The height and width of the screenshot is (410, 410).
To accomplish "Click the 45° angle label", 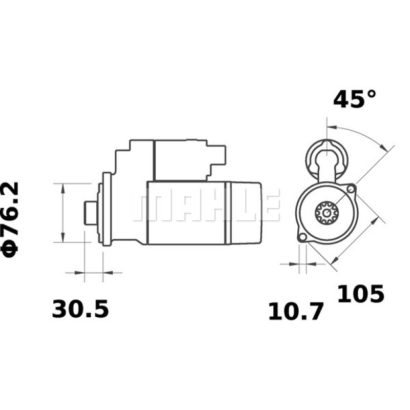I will pyautogui.click(x=355, y=99).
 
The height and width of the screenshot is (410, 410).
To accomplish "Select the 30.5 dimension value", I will pyautogui.click(x=80, y=310).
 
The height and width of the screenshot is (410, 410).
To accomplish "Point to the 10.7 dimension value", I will pyautogui.click(x=296, y=312).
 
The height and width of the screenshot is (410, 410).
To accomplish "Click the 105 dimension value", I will pyautogui.click(x=360, y=294).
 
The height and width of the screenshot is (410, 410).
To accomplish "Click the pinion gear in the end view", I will pyautogui.click(x=325, y=212).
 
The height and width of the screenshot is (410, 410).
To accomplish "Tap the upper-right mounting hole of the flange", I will pyautogui.click(x=351, y=190).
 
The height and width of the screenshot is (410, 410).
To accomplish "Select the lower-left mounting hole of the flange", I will pyautogui.click(x=302, y=237).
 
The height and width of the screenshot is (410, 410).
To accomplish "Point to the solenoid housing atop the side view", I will pyautogui.click(x=179, y=159).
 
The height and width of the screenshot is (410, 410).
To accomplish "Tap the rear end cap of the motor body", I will pyautogui.click(x=246, y=213).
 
